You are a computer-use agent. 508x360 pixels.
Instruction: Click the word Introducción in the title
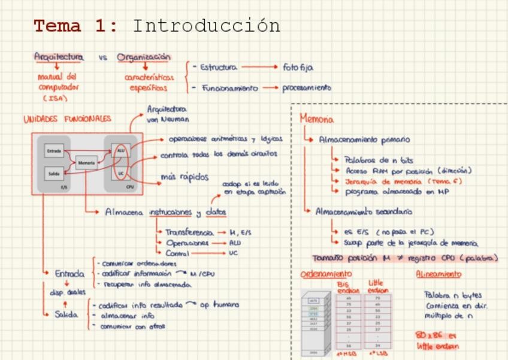[x=206, y=26]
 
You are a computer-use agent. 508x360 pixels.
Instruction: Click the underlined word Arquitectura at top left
[x=59, y=57]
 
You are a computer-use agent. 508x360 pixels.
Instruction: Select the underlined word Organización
[x=144, y=58]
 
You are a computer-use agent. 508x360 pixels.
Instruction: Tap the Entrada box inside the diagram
[x=54, y=152]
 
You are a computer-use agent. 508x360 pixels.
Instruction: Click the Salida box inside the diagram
[x=54, y=174]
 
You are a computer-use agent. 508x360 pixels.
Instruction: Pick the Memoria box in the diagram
[x=86, y=162]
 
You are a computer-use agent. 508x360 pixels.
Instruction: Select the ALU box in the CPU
[x=120, y=150]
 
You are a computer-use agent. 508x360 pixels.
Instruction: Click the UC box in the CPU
[x=120, y=173]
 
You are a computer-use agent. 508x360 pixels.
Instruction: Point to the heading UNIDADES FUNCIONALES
[x=67, y=119]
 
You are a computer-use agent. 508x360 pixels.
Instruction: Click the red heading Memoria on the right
[x=317, y=119]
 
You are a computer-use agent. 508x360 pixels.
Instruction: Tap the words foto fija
[x=298, y=68]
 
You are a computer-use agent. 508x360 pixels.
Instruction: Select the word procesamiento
[x=306, y=87]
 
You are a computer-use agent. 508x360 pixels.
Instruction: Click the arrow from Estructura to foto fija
[x=259, y=68]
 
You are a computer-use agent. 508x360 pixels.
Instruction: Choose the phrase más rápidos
[x=185, y=177]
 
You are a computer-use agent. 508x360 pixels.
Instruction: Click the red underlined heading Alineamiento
[x=439, y=274]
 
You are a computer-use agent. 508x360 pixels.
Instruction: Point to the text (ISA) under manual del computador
[x=55, y=98]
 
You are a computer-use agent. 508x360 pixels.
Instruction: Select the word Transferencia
[x=189, y=232]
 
